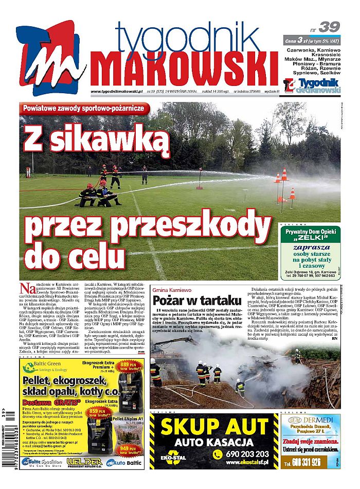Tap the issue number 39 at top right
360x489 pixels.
(x=329, y=27)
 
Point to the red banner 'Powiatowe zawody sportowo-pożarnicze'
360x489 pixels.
(x=85, y=109)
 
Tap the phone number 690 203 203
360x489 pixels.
(x=247, y=453)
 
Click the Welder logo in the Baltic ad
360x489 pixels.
(x=81, y=462)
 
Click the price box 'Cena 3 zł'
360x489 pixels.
(x=311, y=40)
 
